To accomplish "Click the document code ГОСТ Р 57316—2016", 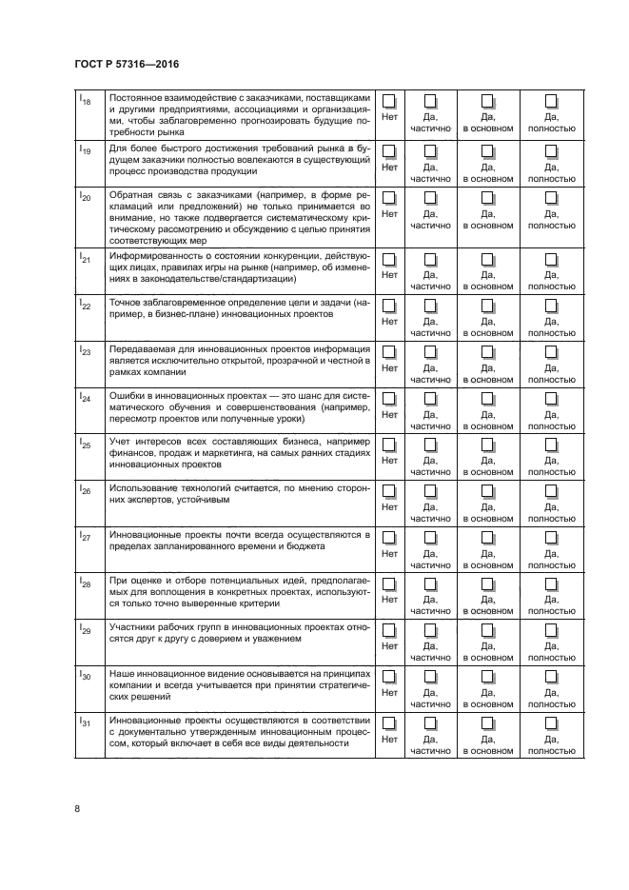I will pos(126,64).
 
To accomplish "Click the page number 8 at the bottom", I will pos(77,810).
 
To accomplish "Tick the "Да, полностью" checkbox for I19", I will pos(551,150).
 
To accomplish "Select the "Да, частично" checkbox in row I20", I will pos(430,197).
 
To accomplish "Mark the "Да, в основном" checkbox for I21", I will pos(488,259).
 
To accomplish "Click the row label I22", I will pos(85,305).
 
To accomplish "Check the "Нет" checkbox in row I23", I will pos(389,352).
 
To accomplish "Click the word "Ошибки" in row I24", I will pos(128,396).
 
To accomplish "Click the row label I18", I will pos(85,100).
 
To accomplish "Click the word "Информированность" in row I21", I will pos(157,256).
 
